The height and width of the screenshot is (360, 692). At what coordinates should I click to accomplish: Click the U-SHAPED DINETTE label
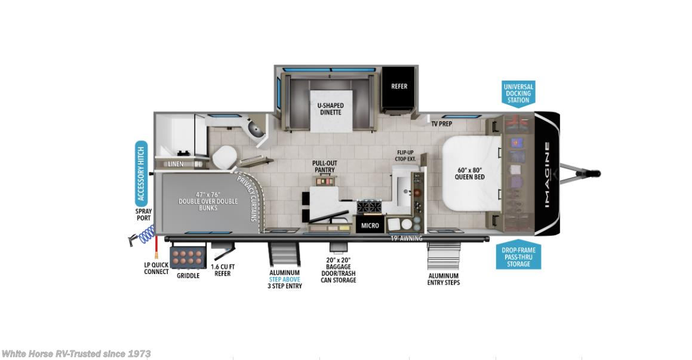pos(330,109)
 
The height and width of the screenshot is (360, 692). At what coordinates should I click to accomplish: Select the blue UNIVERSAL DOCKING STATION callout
pos(518,93)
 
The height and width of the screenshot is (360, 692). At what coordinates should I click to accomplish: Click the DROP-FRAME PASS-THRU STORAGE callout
pos(518,257)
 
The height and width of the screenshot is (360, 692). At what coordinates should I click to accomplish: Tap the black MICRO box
pos(370,226)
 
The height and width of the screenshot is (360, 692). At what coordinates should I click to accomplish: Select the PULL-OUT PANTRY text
pos(324,167)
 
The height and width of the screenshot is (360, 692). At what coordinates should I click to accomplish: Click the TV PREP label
pos(441,124)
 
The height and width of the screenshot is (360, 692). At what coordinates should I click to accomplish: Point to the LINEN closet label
pos(175,164)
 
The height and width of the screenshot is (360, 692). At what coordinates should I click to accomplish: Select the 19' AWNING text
pos(407,239)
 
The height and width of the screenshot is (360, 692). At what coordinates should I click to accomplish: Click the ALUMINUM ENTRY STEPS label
pos(444,279)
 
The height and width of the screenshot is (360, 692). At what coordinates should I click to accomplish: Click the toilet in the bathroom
pos(225,156)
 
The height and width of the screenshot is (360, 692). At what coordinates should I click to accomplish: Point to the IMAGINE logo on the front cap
pos(547,173)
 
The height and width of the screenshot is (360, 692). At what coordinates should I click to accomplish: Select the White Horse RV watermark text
pos(76,353)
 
